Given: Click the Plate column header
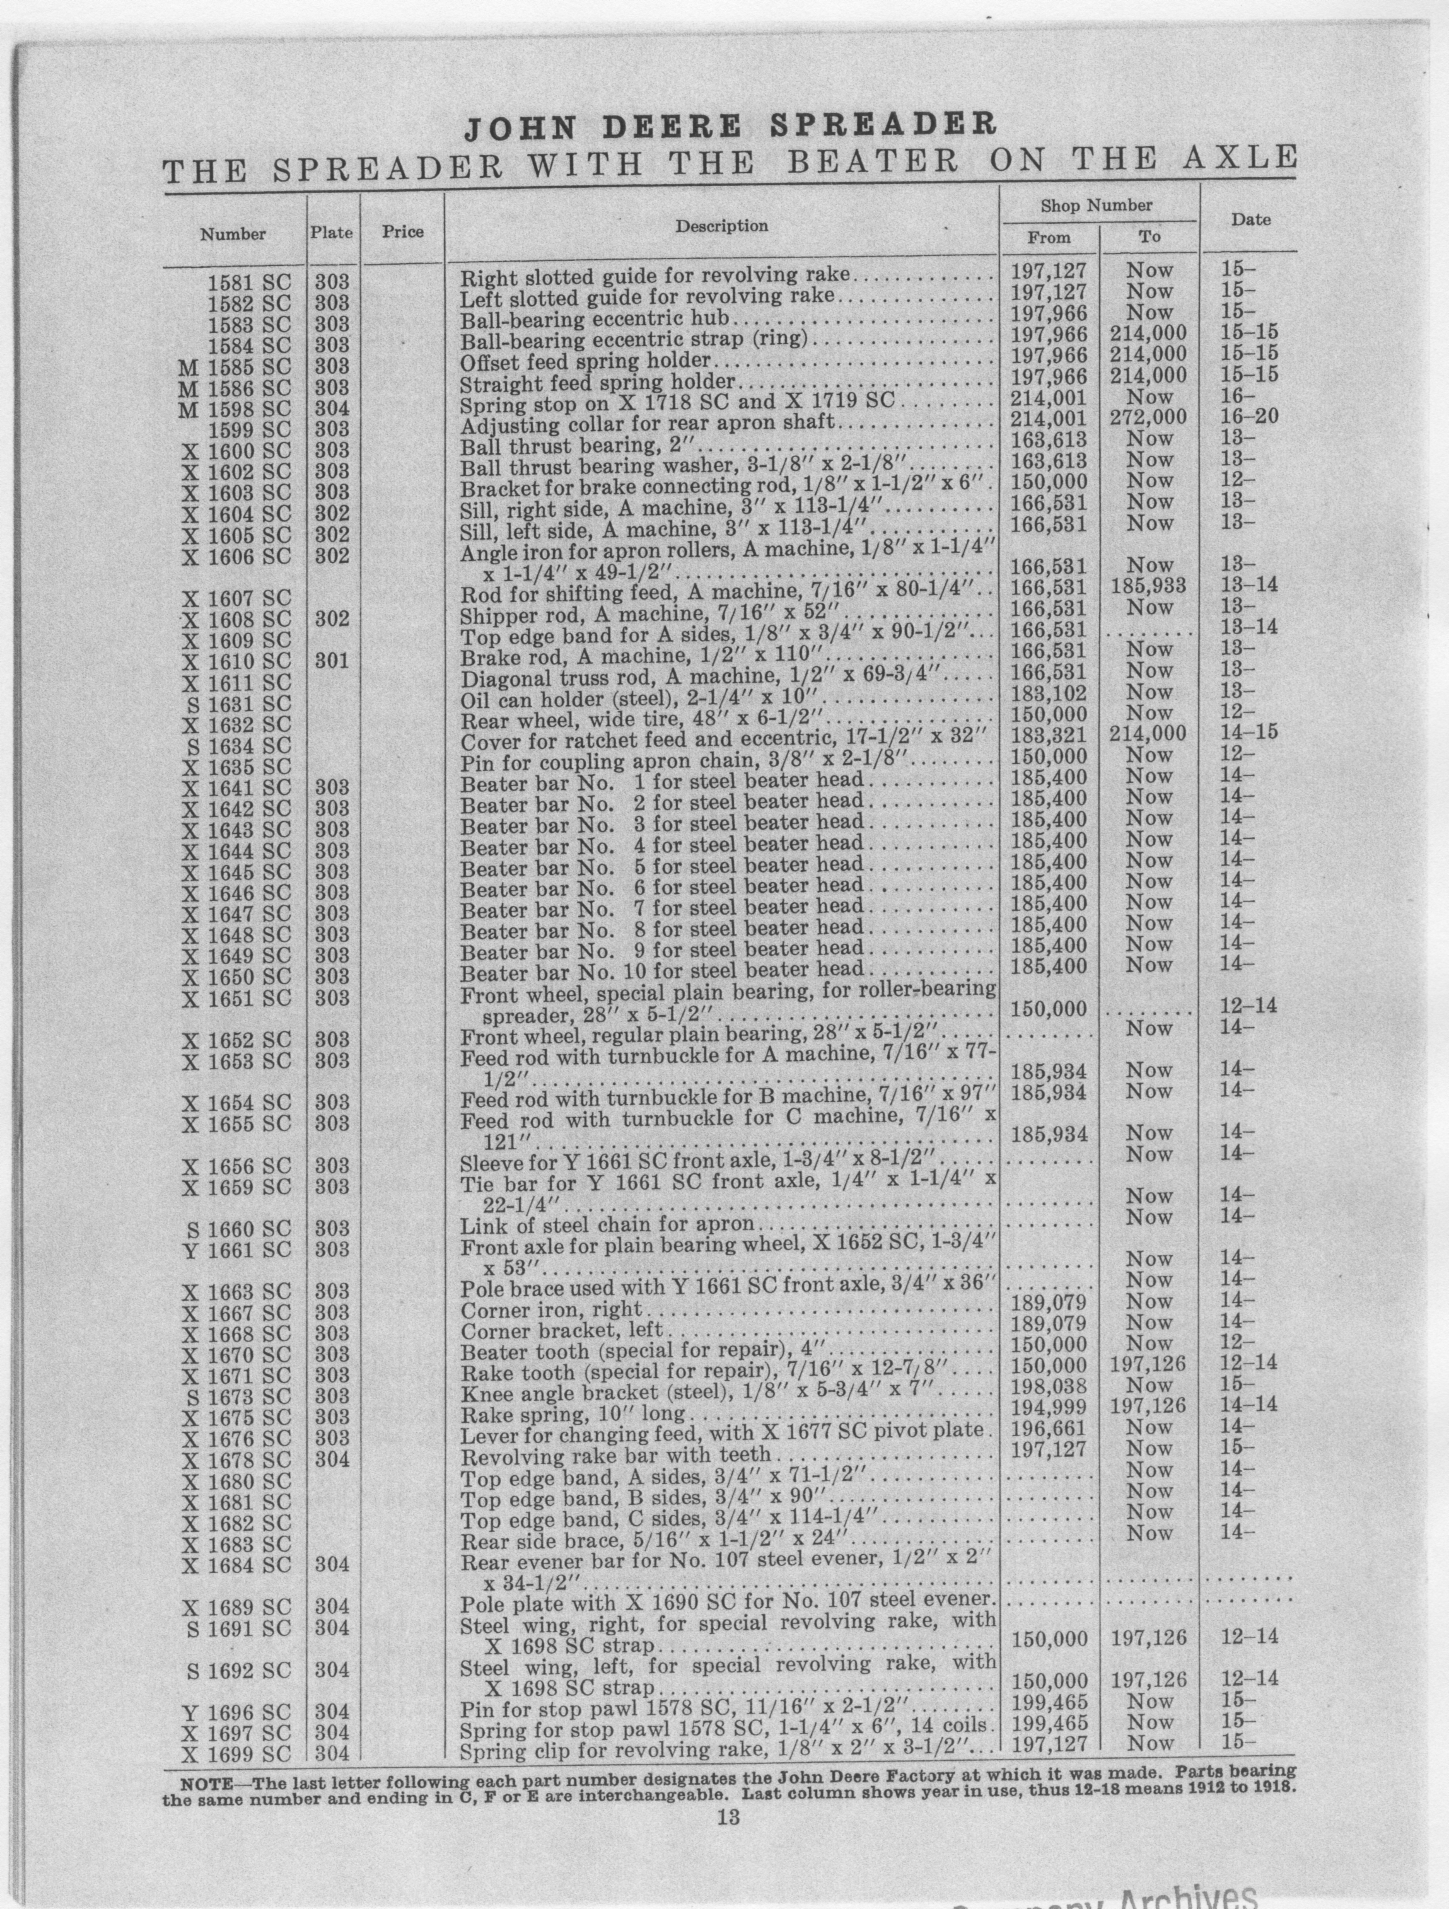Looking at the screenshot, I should (x=332, y=233).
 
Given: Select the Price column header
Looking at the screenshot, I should (x=403, y=231).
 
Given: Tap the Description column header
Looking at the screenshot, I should (x=721, y=226).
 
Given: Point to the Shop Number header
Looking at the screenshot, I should (x=1096, y=206).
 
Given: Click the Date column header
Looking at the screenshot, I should (x=1250, y=220).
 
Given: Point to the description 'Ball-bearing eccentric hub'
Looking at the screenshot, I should (x=595, y=318).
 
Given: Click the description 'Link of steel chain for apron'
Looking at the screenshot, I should (x=607, y=1226).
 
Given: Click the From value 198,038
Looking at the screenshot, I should (x=1049, y=1385).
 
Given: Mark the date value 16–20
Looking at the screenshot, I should (x=1250, y=418).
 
